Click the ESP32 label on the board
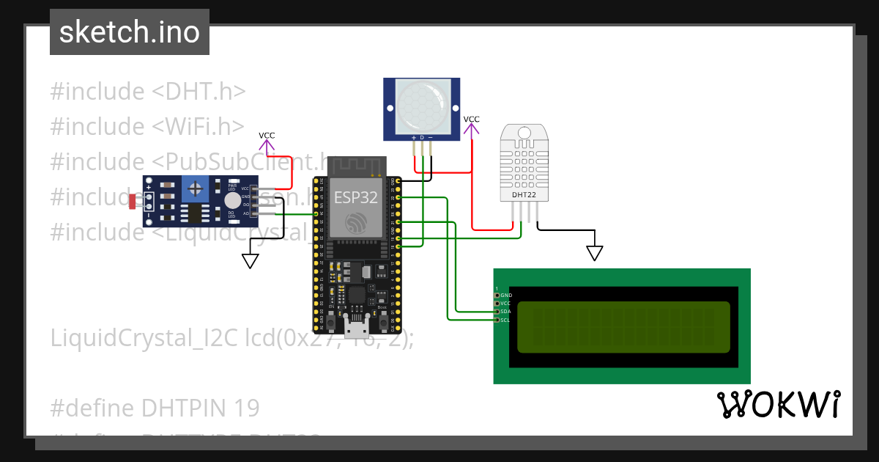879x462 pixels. click(x=356, y=197)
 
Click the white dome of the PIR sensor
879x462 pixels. click(x=421, y=107)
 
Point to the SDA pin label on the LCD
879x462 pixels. click(x=505, y=312)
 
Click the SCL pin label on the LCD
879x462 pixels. click(x=505, y=320)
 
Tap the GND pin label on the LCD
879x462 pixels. click(x=505, y=295)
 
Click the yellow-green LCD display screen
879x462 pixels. click(x=623, y=327)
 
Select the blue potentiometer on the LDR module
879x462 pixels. click(x=196, y=189)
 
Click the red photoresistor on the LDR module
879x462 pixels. click(x=133, y=201)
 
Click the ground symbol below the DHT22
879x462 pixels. click(x=595, y=254)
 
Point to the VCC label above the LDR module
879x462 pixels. click(x=267, y=136)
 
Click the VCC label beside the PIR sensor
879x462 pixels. click(x=472, y=119)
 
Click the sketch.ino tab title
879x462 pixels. click(x=130, y=32)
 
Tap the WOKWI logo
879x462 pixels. click(x=778, y=405)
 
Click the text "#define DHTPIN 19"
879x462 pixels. click(x=155, y=408)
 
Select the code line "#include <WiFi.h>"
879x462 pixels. click(x=147, y=126)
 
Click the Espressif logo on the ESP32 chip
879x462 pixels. click(x=356, y=223)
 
